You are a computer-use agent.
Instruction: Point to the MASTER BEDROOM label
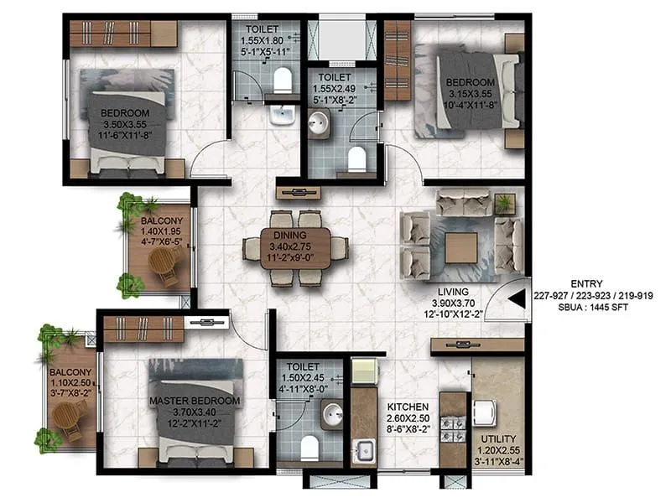tap(195, 401)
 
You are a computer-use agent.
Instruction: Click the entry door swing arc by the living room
tap(509, 299)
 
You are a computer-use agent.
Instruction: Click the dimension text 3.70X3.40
tap(195, 412)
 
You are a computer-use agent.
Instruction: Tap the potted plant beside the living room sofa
tap(503, 204)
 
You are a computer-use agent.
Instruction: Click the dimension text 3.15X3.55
tap(470, 93)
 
